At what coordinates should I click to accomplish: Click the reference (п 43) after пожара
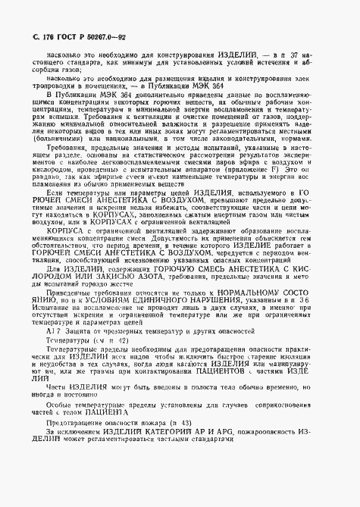click(x=183, y=462)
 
